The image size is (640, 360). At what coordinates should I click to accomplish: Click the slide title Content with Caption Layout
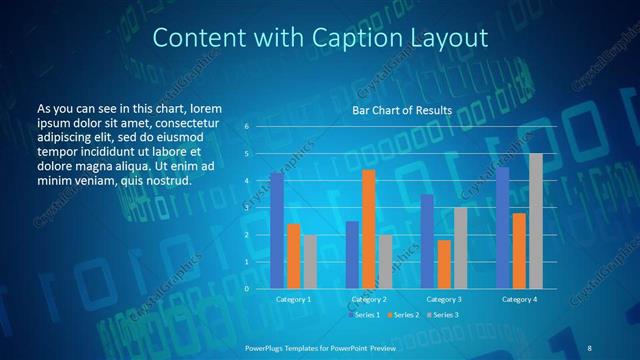[320, 39]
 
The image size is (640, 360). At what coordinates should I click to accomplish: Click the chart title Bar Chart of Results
[401, 110]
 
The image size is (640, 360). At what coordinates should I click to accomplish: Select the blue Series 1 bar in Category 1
[277, 231]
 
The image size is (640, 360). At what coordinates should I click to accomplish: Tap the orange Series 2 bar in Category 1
[293, 256]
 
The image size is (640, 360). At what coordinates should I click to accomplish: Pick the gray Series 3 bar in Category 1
[309, 262]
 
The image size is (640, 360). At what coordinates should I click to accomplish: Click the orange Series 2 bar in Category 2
[369, 229]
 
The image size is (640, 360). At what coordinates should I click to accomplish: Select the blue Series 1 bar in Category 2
[353, 255]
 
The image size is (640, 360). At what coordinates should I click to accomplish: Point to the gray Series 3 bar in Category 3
[460, 248]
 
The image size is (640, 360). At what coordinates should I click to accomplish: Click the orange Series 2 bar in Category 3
[444, 264]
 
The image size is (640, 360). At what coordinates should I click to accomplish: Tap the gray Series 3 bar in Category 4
[536, 221]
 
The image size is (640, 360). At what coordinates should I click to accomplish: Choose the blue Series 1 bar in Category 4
[503, 228]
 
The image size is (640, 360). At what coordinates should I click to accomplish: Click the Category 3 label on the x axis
[444, 299]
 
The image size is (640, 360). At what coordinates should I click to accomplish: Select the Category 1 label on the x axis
[293, 299]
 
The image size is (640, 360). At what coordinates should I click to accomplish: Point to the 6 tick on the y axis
[246, 127]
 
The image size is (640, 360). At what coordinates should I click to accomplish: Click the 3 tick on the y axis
[246, 208]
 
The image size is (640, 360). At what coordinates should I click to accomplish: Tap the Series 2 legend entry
[403, 315]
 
